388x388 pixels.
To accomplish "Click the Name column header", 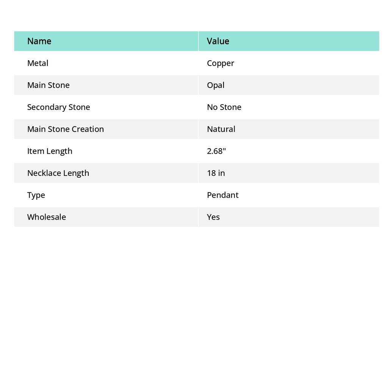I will [x=39, y=41].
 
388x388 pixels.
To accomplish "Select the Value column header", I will [x=218, y=41].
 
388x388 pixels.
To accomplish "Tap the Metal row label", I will [x=38, y=63].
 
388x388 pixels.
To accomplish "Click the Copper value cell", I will [x=221, y=63].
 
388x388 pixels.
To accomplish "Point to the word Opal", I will [x=216, y=85].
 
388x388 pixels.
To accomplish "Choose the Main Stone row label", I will [x=48, y=85].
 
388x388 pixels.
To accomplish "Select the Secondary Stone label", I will [x=58, y=107].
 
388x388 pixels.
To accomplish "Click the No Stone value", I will [x=224, y=107].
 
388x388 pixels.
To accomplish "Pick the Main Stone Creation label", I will [x=65, y=129].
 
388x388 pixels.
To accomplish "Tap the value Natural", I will [x=221, y=129].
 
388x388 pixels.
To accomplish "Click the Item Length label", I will [x=50, y=151].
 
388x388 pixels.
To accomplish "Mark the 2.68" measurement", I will [x=216, y=151].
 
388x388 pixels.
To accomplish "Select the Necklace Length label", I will [x=58, y=173].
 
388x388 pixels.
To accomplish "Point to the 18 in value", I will [x=216, y=173].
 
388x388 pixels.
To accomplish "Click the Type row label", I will [x=36, y=195].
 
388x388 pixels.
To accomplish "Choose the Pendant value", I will [x=222, y=195].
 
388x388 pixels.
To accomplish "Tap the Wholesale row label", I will [x=46, y=217].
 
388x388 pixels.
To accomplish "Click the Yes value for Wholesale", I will [x=213, y=217].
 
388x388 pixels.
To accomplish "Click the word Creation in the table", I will [x=88, y=129].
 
